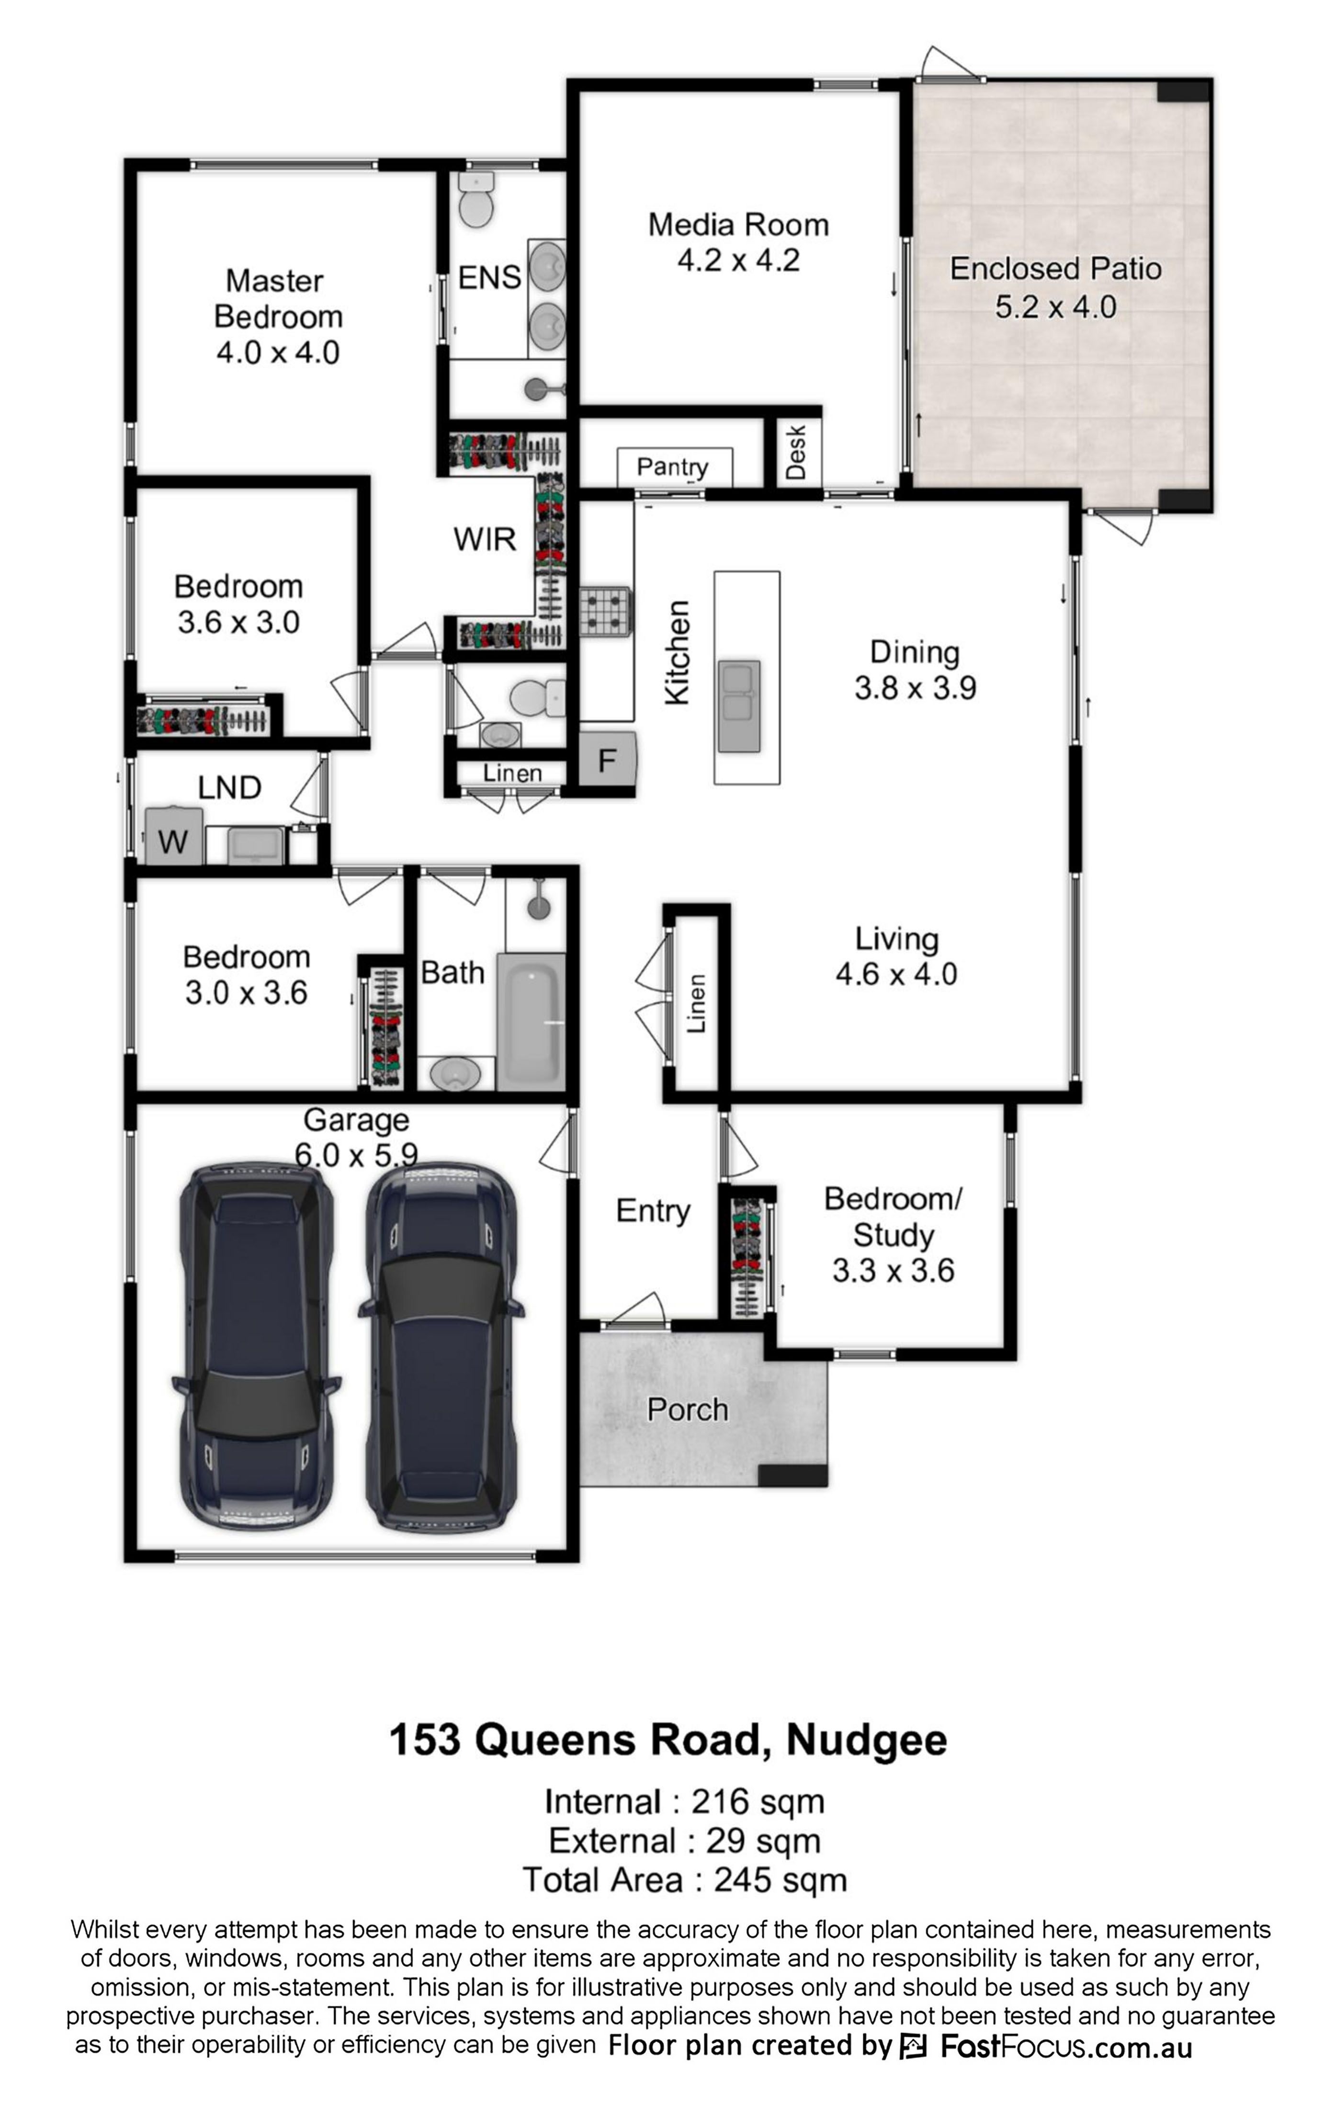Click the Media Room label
click(738, 225)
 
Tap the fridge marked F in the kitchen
click(606, 758)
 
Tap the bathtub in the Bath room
click(531, 1022)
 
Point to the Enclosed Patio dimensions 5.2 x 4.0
click(1056, 307)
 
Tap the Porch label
click(688, 1410)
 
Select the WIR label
click(484, 538)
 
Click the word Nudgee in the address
click(867, 1739)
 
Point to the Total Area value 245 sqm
click(780, 1880)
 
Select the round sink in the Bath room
click(455, 1073)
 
